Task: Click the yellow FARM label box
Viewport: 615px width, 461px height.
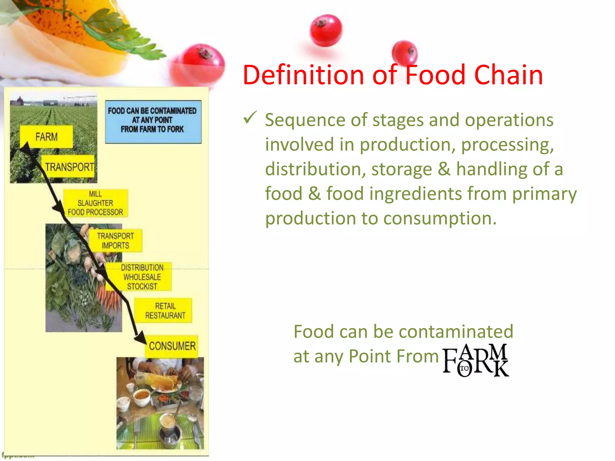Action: tap(46, 137)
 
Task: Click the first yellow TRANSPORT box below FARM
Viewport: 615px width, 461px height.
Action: tap(68, 167)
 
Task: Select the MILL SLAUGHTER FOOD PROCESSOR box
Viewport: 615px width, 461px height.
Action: tap(95, 203)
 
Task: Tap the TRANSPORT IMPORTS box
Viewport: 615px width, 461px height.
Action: tap(116, 241)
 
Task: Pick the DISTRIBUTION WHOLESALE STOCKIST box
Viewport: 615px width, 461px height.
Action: tap(142, 277)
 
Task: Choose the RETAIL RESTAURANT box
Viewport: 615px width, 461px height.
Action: tap(165, 311)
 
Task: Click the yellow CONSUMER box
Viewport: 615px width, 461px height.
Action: tap(172, 346)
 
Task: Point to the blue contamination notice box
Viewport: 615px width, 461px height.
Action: tap(153, 121)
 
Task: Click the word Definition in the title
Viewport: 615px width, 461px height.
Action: tap(303, 75)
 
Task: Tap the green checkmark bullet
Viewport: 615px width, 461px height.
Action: tap(250, 117)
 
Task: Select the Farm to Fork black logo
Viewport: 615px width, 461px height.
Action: tap(475, 360)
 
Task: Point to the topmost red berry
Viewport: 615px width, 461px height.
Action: tap(326, 31)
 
